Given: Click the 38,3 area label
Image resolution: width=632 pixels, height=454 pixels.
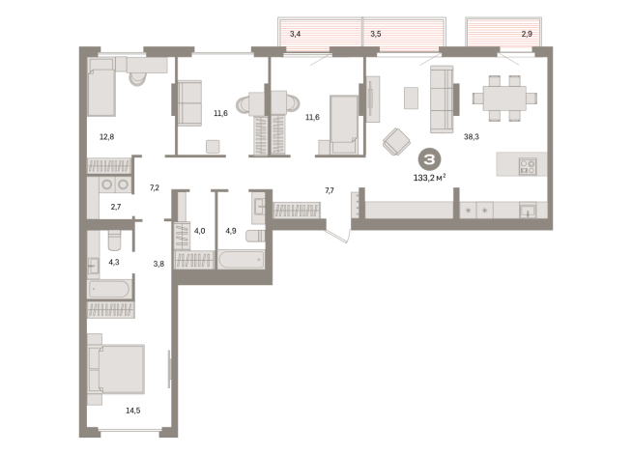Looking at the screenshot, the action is coord(472,137).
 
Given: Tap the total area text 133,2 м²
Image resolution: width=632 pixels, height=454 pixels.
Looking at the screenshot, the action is coord(430,177).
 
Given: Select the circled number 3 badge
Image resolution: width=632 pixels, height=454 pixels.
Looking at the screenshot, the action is coord(430,159).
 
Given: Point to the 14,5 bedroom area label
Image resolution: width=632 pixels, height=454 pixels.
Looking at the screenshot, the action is coord(133,411).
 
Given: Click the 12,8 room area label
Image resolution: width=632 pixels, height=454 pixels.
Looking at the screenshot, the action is coord(107,137).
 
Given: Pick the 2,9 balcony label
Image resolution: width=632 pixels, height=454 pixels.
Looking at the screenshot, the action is coord(527,34).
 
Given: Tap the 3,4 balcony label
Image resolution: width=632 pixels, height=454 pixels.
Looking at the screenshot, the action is coord(295,34).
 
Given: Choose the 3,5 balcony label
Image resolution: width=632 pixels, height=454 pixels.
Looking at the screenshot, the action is coord(376,34).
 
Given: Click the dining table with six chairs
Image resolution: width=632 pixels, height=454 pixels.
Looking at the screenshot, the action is coord(504,99).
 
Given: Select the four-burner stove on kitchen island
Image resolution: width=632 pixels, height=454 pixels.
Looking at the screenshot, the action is coord(528,166).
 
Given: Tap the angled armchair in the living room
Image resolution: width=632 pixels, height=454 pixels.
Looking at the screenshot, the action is coord(396,141).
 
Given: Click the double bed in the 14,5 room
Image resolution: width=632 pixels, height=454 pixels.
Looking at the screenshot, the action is coord(116,369).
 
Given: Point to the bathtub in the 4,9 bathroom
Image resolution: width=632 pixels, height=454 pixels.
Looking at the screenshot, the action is coord(242,260).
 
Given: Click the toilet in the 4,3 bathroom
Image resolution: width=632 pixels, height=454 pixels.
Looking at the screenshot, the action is coord(114,241).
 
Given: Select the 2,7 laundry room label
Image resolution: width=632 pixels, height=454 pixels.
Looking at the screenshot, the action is coord(116,207).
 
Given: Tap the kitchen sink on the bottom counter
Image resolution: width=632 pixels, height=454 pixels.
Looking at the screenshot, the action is coord(528,210).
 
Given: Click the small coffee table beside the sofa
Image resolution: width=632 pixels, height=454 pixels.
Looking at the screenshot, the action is coord(411,98).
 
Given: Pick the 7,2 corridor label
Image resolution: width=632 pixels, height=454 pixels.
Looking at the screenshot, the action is coord(155,187).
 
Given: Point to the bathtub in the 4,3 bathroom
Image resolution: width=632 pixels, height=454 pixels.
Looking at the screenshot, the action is coord(109,289).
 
